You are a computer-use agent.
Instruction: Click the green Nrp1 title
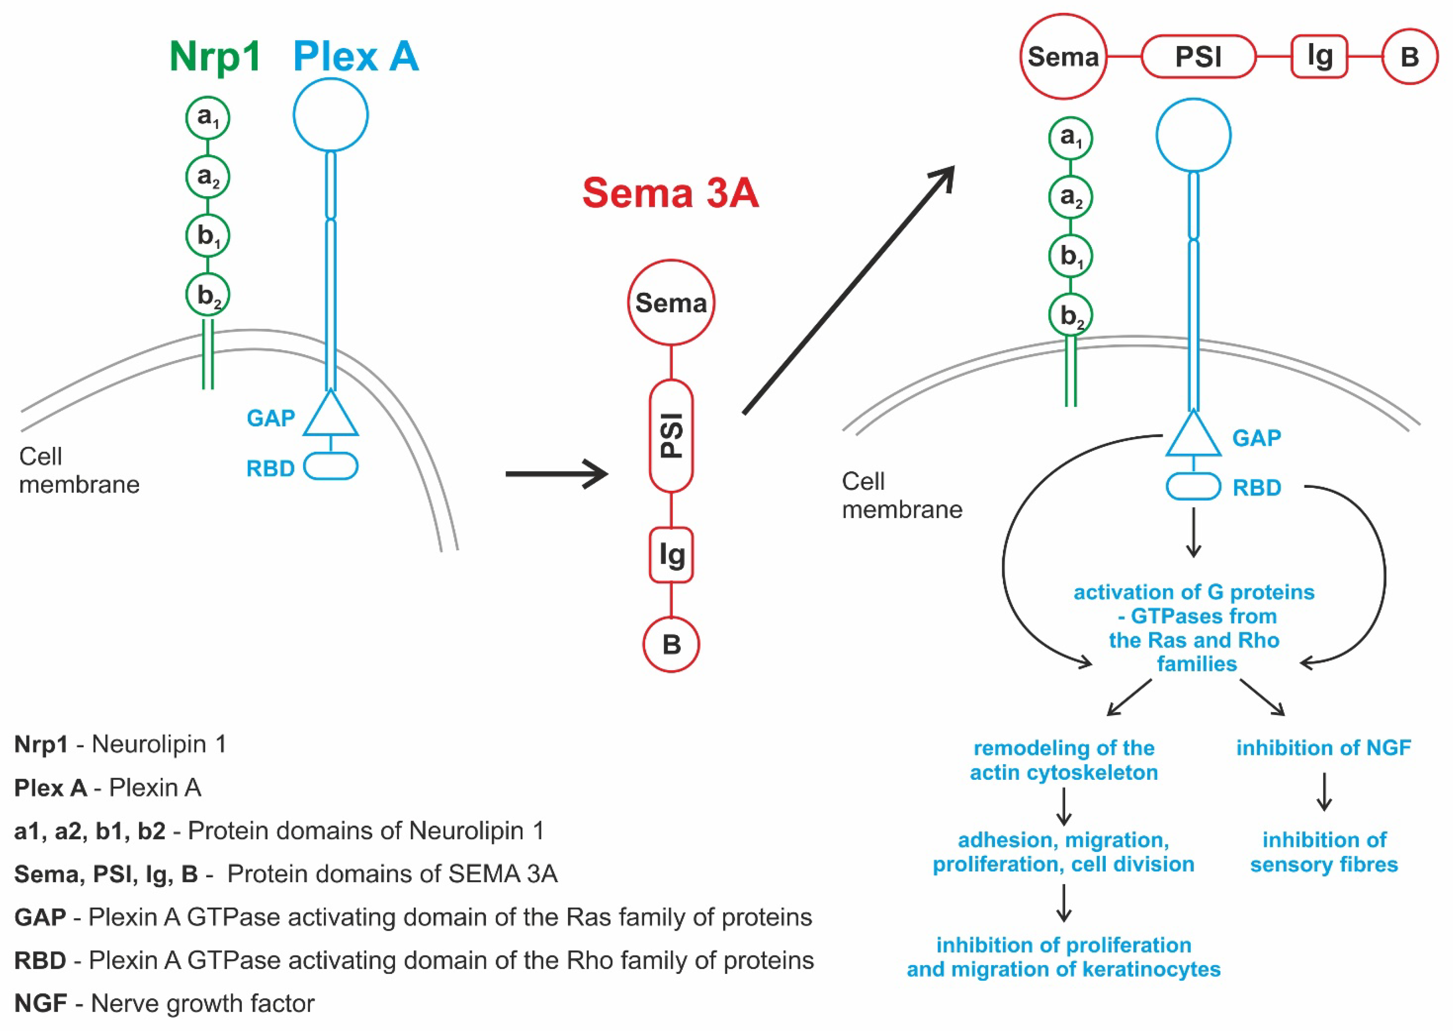(215, 57)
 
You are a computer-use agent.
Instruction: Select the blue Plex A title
(356, 57)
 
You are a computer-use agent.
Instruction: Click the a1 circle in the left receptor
(208, 118)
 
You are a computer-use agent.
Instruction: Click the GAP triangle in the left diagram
(331, 416)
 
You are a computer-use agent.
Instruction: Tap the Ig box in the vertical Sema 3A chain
(671, 555)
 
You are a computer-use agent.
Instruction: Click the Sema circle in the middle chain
(671, 303)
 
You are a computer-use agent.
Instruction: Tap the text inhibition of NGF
(1323, 748)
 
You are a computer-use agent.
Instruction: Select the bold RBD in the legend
(40, 960)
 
